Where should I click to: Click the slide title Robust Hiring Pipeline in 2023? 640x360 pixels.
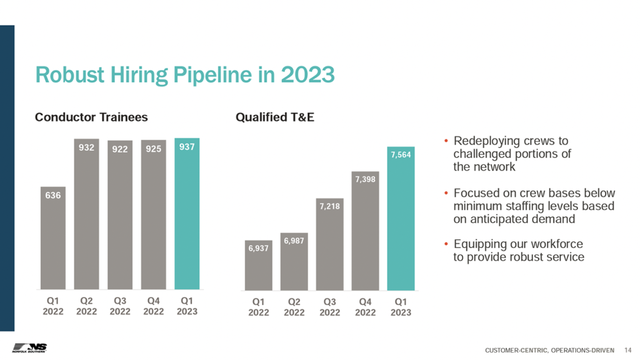pyautogui.click(x=185, y=76)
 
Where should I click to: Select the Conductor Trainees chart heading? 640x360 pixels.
pyautogui.click(x=91, y=117)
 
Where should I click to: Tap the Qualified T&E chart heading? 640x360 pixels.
pyautogui.click(x=274, y=117)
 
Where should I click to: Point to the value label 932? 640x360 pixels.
pyautogui.click(x=86, y=148)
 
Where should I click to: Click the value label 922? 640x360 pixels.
pyautogui.click(x=120, y=149)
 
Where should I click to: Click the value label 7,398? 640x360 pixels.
pyautogui.click(x=366, y=180)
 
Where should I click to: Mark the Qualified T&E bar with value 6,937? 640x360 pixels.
pyautogui.click(x=259, y=269)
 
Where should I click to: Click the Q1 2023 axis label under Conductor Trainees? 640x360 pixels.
pyautogui.click(x=187, y=306)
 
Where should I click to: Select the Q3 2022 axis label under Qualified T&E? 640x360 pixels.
pyautogui.click(x=330, y=307)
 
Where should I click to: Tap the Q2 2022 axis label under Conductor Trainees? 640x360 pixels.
pyautogui.click(x=86, y=306)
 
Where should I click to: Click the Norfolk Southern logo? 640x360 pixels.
pyautogui.click(x=29, y=348)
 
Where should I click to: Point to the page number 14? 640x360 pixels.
pyautogui.click(x=628, y=350)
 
